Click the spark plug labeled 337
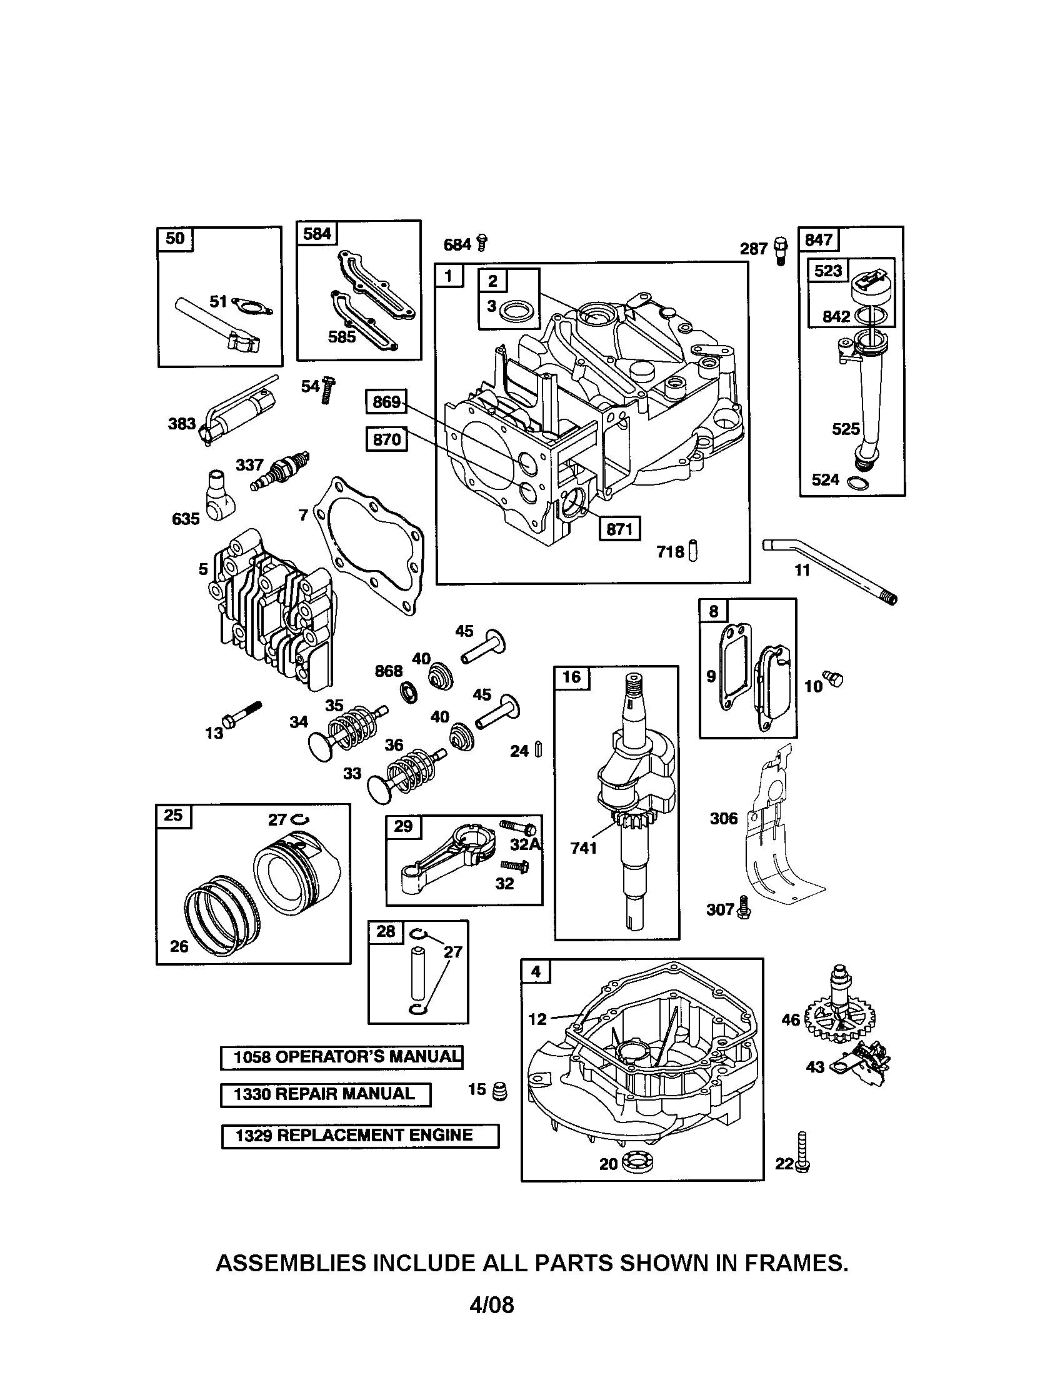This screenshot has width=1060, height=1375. point(280,471)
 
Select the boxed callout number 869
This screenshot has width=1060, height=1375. point(386,402)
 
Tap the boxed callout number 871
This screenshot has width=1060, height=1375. point(619,529)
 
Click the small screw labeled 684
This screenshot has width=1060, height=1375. point(482,242)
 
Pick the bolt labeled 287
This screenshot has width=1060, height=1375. point(781,251)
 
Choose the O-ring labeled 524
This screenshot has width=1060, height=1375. point(858,483)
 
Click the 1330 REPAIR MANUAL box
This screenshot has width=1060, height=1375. point(326,1094)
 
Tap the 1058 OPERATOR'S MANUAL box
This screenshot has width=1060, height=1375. point(342,1057)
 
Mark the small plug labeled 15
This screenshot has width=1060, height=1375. point(499,1091)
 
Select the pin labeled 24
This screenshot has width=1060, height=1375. point(538,750)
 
